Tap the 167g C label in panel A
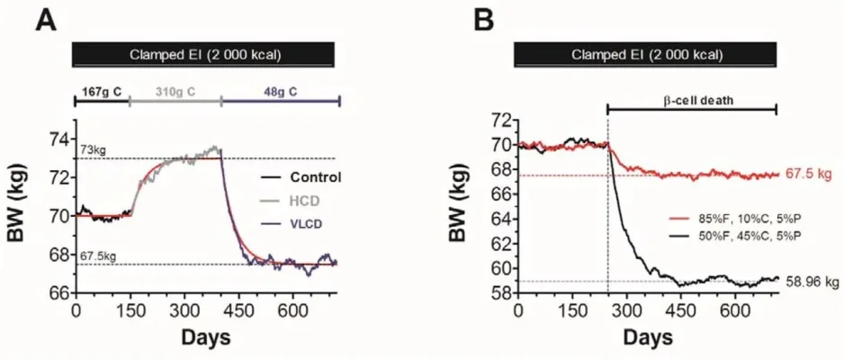[x=101, y=91]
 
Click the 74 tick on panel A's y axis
[x=58, y=139]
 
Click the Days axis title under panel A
[x=206, y=338]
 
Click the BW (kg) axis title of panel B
[x=469, y=205]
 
